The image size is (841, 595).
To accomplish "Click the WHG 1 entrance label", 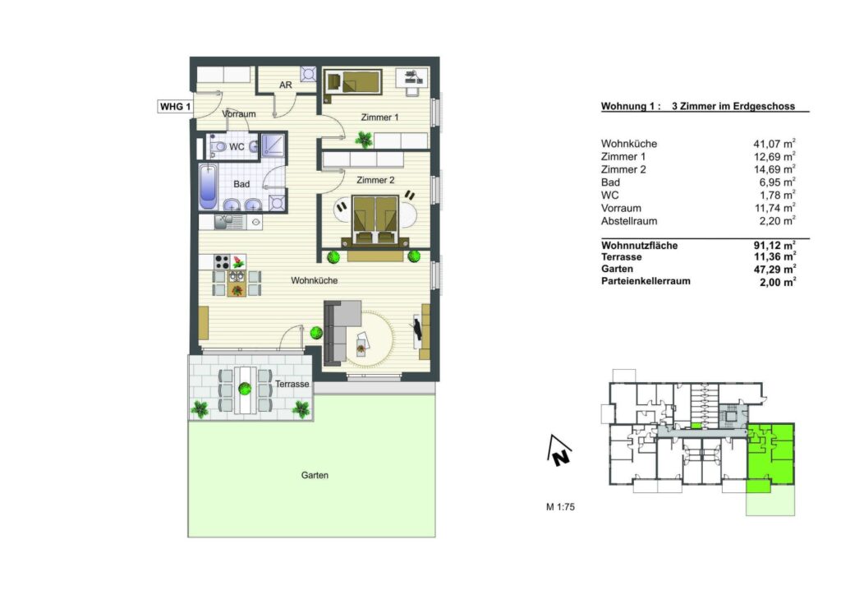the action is point(175,106).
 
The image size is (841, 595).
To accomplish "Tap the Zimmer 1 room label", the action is point(379,117).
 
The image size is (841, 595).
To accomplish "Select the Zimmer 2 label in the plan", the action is point(375,180).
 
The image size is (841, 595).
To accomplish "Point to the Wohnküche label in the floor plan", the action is point(315,280).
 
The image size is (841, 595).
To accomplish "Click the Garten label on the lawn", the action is point(315,475).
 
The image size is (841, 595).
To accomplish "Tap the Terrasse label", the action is point(292,384).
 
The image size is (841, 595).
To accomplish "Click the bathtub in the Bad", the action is point(208,187).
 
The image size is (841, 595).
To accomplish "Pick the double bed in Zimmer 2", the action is point(375,220).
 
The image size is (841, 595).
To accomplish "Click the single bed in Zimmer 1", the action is point(353,82).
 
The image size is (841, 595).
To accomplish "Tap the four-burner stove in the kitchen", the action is point(222,262).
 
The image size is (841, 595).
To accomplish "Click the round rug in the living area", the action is point(370,339).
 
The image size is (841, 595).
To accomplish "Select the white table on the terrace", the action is point(245,390).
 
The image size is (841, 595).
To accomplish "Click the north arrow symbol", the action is point(558,450).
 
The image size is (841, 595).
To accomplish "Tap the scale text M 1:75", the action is point(560,506).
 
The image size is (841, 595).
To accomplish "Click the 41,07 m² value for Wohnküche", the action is point(774,143).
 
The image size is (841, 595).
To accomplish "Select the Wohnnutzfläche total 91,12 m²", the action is point(774,245).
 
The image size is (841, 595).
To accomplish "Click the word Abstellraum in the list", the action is point(629,221).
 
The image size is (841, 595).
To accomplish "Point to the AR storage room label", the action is point(285,85).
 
